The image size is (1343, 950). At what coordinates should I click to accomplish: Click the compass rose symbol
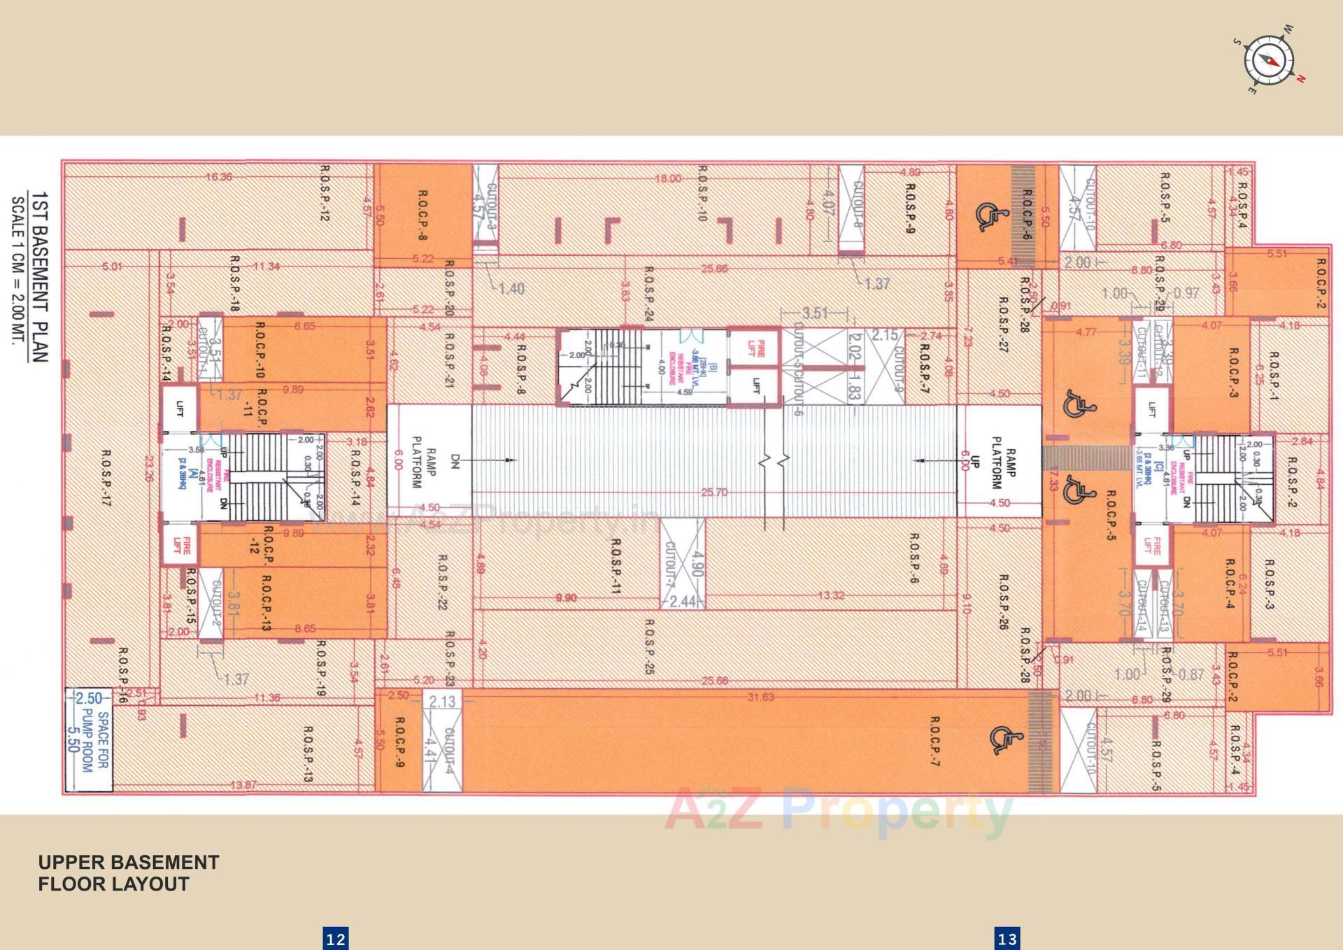[x=1269, y=61]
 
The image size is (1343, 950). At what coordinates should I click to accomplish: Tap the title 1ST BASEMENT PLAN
[x=40, y=276]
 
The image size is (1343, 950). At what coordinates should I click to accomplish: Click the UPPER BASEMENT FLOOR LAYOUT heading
[x=129, y=873]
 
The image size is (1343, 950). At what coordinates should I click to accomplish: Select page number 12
[x=335, y=938]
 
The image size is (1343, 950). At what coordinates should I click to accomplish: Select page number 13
[x=1007, y=938]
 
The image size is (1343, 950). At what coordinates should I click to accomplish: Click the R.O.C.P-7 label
[x=935, y=741]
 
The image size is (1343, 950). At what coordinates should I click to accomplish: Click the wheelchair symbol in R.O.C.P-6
[x=988, y=216]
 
